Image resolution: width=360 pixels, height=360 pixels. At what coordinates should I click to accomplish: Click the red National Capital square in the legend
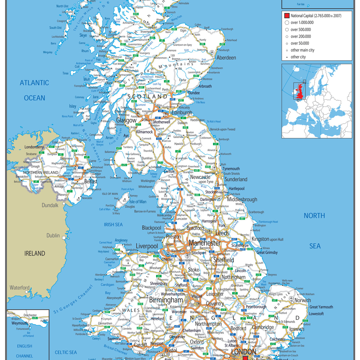[287, 16]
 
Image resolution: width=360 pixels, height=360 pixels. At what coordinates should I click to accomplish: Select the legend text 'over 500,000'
[301, 29]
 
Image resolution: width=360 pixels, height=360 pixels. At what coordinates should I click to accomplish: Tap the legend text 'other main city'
[302, 50]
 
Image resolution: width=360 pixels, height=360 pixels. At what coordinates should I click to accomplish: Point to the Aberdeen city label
[226, 58]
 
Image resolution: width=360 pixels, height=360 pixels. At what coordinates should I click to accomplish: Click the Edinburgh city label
[181, 112]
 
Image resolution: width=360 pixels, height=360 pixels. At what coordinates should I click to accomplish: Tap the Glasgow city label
[126, 120]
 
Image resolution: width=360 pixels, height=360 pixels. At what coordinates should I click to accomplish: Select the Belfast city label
[91, 181]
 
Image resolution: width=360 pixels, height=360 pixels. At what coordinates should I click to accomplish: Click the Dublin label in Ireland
[53, 235]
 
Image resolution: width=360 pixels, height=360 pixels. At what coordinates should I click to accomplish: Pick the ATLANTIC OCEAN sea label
[34, 90]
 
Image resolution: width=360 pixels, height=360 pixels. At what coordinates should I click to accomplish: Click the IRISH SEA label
[113, 224]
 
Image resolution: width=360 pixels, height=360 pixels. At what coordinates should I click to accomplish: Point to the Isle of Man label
[138, 202]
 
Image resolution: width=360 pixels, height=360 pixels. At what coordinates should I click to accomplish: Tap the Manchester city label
[205, 243]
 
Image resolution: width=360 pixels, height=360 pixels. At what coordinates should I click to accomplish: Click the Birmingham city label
[166, 300]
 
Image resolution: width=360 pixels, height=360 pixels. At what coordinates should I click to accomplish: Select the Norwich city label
[302, 300]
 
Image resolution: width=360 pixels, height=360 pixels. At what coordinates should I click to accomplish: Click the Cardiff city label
[140, 345]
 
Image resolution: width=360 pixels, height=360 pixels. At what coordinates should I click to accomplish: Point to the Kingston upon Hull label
[267, 239]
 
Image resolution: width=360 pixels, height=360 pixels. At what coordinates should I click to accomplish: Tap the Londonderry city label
[34, 147]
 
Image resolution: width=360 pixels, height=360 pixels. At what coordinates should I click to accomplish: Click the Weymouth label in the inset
[19, 323]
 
